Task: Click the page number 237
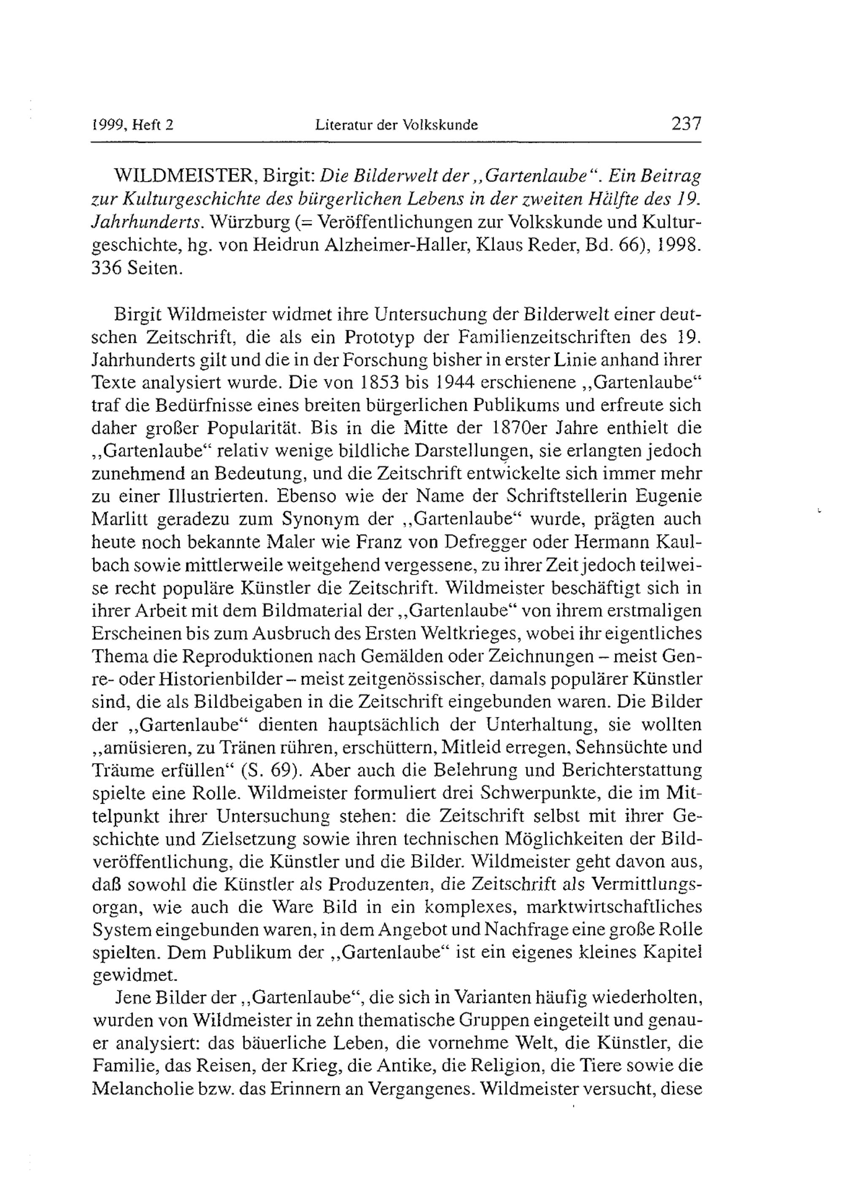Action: [686, 124]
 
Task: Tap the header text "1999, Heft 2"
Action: [132, 125]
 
